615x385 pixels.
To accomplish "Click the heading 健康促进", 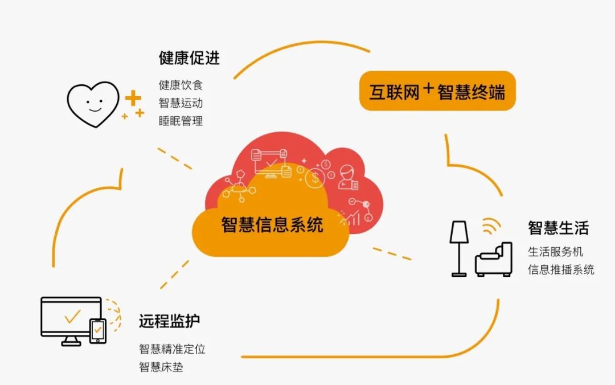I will tap(189, 58).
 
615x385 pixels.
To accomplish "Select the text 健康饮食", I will tap(181, 85).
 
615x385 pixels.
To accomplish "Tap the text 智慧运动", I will tap(181, 103).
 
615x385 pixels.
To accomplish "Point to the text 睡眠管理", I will tap(181, 121).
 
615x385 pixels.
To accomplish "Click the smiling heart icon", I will tap(93, 104).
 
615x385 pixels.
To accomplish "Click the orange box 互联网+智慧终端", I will tap(437, 91).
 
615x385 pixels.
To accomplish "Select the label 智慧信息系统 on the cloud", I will tap(272, 224).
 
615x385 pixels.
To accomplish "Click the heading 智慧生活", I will tap(558, 228).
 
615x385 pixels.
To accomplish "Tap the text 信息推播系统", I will tap(561, 269).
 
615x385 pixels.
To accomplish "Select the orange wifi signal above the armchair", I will tap(489, 226).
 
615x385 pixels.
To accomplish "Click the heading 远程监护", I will tap(169, 321).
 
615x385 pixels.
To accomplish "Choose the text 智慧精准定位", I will tap(172, 349).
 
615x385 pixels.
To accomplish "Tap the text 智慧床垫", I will tap(161, 367).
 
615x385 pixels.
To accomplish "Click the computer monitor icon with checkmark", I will tap(71, 320).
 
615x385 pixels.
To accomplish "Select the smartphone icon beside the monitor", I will tap(98, 330).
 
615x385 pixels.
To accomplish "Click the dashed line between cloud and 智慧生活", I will tap(392, 253).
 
